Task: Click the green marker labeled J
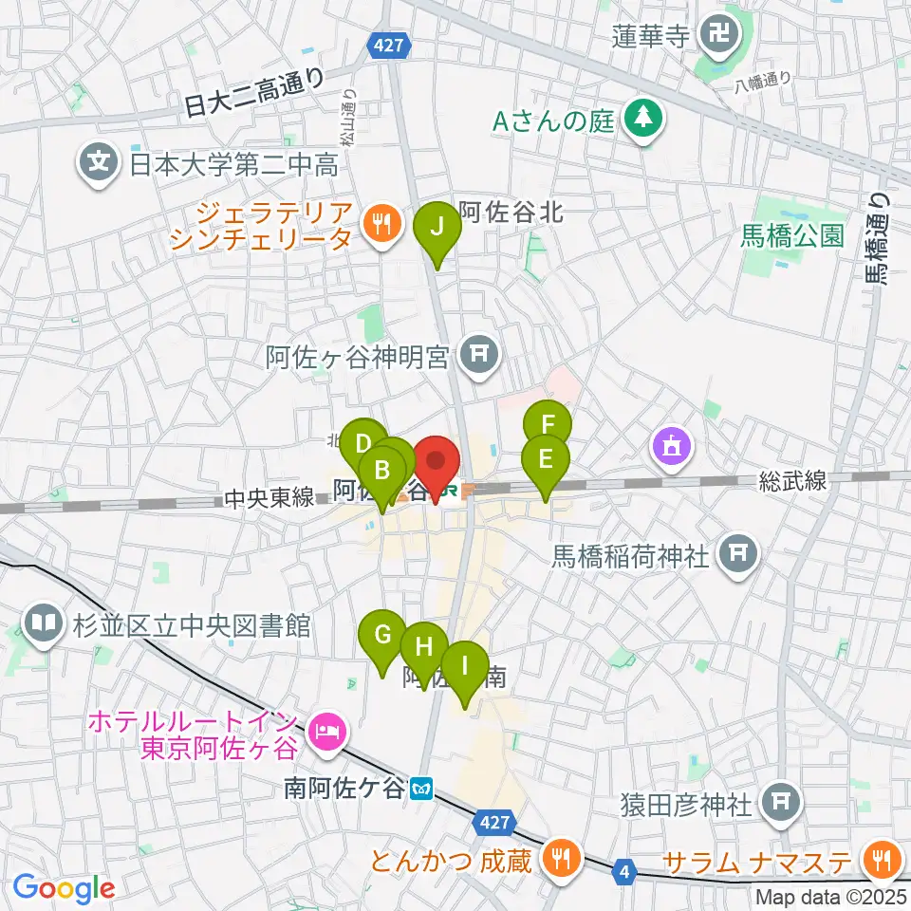click(437, 228)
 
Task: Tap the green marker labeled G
click(383, 634)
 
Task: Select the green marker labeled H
click(423, 648)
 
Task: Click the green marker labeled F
click(548, 424)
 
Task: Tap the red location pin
click(437, 463)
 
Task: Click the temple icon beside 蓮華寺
click(714, 36)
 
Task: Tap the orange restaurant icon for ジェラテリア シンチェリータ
click(381, 224)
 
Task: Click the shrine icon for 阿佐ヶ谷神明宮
click(474, 356)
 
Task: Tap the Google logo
click(64, 887)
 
